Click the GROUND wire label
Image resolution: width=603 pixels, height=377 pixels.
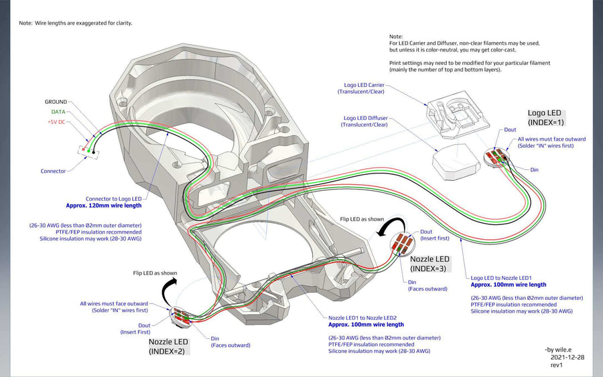pyautogui.click(x=56, y=102)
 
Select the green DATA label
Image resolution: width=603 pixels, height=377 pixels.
pyautogui.click(x=59, y=112)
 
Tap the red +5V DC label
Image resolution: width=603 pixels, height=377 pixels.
pyautogui.click(x=57, y=122)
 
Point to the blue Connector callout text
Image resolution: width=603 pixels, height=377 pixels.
pyautogui.click(x=53, y=171)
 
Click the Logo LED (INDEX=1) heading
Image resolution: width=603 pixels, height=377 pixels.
pyautogui.click(x=544, y=118)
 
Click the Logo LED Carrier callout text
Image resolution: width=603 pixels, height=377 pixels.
pyautogui.click(x=362, y=88)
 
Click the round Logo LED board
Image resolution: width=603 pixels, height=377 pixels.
pyautogui.click(x=496, y=158)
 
